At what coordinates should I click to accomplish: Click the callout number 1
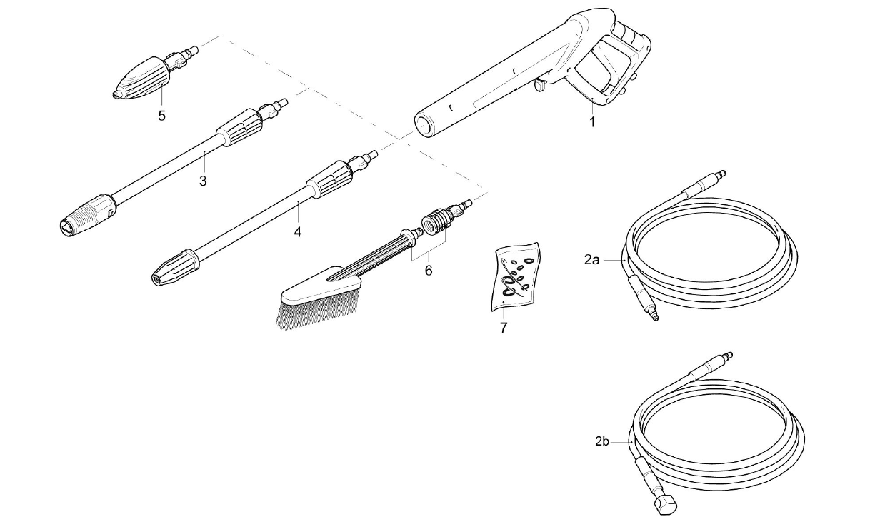(592, 122)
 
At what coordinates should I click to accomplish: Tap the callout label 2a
(592, 261)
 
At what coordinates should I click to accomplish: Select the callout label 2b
(602, 442)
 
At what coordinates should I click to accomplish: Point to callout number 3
(203, 181)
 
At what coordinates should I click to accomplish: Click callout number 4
(298, 232)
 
